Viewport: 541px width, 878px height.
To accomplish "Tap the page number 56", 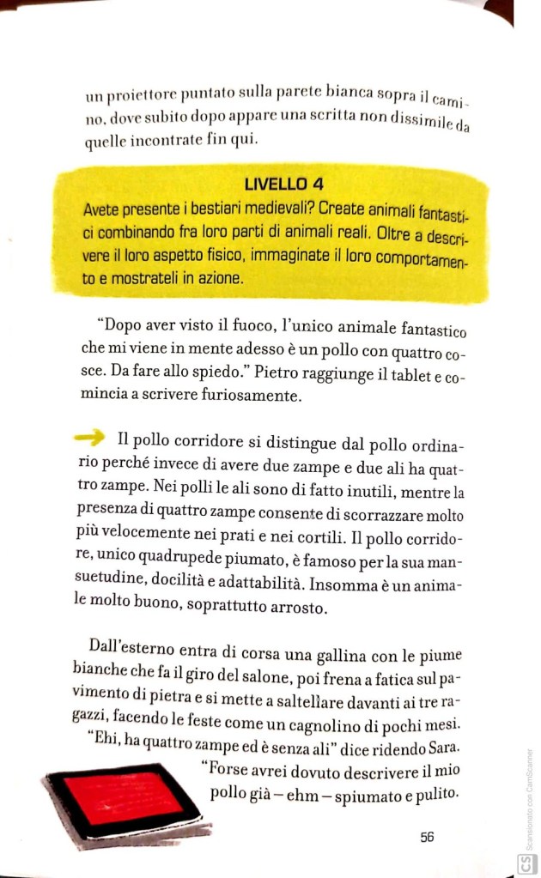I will [427, 837].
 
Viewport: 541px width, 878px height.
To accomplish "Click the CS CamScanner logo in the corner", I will [523, 863].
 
